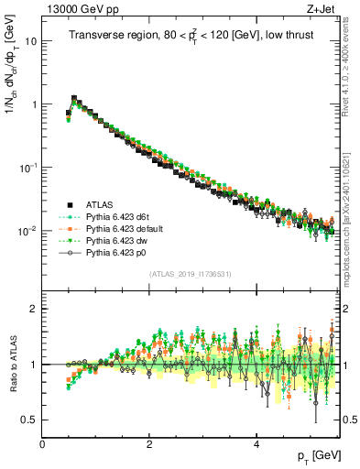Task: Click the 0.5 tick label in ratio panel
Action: tap(28, 420)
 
